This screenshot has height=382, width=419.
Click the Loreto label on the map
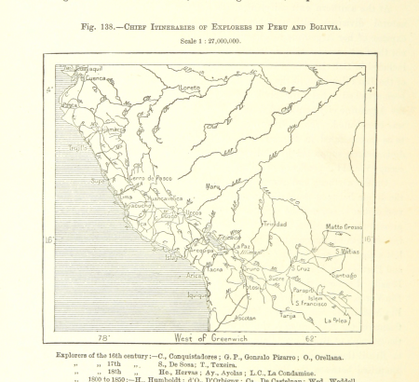point(189,88)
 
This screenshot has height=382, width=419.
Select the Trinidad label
point(274,225)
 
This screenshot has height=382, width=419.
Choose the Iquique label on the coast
point(197,294)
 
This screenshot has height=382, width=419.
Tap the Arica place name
point(194,275)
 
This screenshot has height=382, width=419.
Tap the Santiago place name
point(345,275)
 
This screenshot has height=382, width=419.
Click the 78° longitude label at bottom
point(103,338)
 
